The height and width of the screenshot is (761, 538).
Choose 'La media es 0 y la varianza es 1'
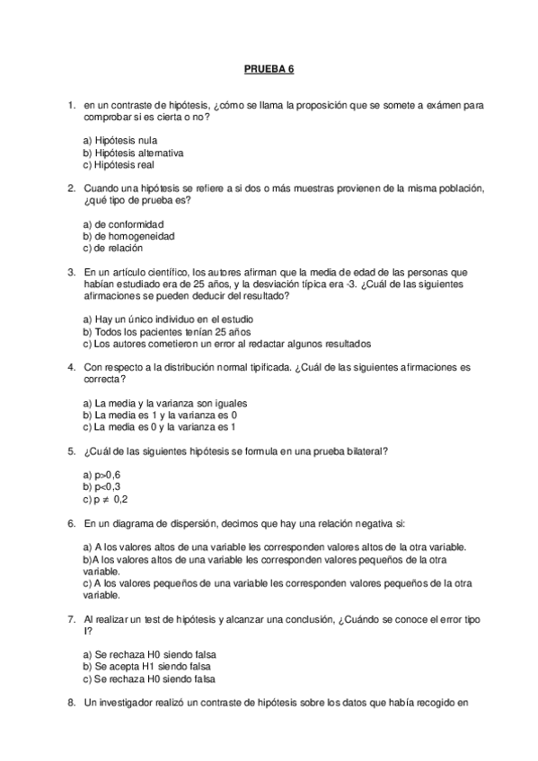coord(159,426)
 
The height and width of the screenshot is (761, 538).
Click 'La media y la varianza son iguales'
coord(164,403)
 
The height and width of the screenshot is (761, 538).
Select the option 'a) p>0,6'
coord(101,475)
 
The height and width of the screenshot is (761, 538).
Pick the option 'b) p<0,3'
coord(101,486)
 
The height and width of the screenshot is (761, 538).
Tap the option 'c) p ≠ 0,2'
coord(105,498)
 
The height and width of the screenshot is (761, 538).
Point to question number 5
coord(71,451)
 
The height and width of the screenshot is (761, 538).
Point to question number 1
coord(71,105)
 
